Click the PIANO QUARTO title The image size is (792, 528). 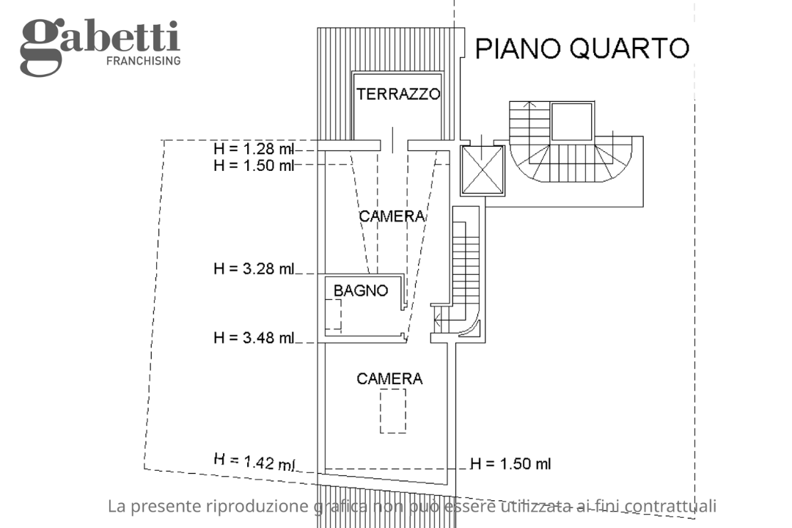[x=582, y=48]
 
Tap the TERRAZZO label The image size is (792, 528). [x=398, y=94]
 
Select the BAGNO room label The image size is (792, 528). [x=361, y=290]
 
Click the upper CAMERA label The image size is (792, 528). [x=392, y=216]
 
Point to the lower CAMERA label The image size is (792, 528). [x=389, y=379]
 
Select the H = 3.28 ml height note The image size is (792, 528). [x=254, y=268]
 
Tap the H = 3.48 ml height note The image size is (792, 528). [x=254, y=338]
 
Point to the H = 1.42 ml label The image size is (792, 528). [x=254, y=462]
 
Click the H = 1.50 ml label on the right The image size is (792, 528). [x=510, y=463]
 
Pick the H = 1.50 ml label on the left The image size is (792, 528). [x=254, y=165]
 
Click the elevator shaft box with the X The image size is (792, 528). [x=483, y=170]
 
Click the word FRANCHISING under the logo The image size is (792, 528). [x=143, y=61]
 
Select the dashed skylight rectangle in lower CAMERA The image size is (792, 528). [x=393, y=411]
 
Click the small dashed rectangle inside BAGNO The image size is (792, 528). [x=333, y=316]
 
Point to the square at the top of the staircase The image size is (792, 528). [x=571, y=122]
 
